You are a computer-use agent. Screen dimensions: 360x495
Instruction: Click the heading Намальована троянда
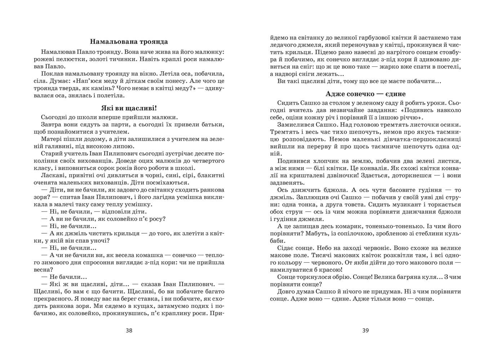[x=129, y=41]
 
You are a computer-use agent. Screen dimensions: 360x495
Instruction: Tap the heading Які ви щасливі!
[x=129, y=108]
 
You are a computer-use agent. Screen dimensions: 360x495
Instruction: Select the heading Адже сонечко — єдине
[x=365, y=94]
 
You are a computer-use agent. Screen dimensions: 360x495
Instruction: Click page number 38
[x=129, y=330]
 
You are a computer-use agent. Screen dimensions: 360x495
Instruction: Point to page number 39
[x=365, y=330]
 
